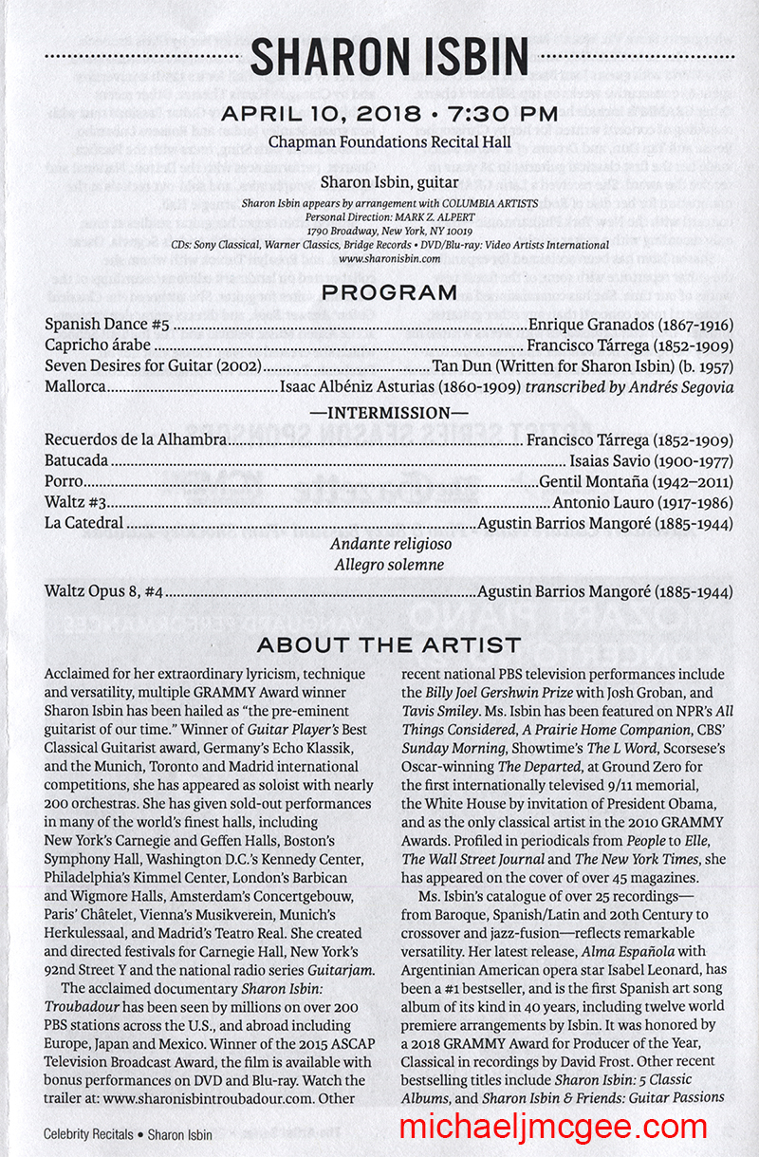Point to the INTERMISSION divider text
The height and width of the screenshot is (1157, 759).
(389, 414)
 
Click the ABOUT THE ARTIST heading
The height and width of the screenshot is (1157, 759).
(389, 645)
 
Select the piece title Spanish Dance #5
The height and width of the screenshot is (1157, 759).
(108, 325)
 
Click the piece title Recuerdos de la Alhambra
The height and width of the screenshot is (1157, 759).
(136, 439)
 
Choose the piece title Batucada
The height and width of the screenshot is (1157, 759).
(78, 460)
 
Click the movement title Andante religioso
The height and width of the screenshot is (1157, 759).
(389, 545)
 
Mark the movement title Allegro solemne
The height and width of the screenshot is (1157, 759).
(389, 565)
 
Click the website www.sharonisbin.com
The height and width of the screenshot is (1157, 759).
(389, 258)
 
